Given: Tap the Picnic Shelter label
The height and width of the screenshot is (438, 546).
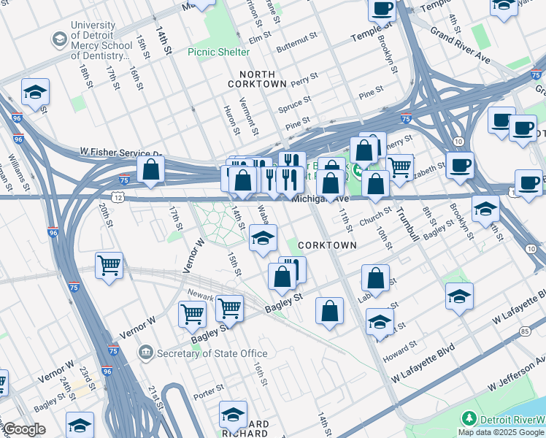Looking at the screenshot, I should point(218,52).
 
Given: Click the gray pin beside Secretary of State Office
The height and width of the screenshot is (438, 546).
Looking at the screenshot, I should point(146,353).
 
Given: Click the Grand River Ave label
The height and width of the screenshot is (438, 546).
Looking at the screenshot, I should point(460,45).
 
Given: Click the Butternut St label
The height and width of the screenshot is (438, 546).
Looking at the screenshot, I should point(296,34).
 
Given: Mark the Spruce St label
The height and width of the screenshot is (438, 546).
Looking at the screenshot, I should point(295,103).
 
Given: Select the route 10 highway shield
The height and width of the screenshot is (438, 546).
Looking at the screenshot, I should point(457,140).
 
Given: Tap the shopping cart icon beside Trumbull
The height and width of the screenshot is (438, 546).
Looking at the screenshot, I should point(399,167).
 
